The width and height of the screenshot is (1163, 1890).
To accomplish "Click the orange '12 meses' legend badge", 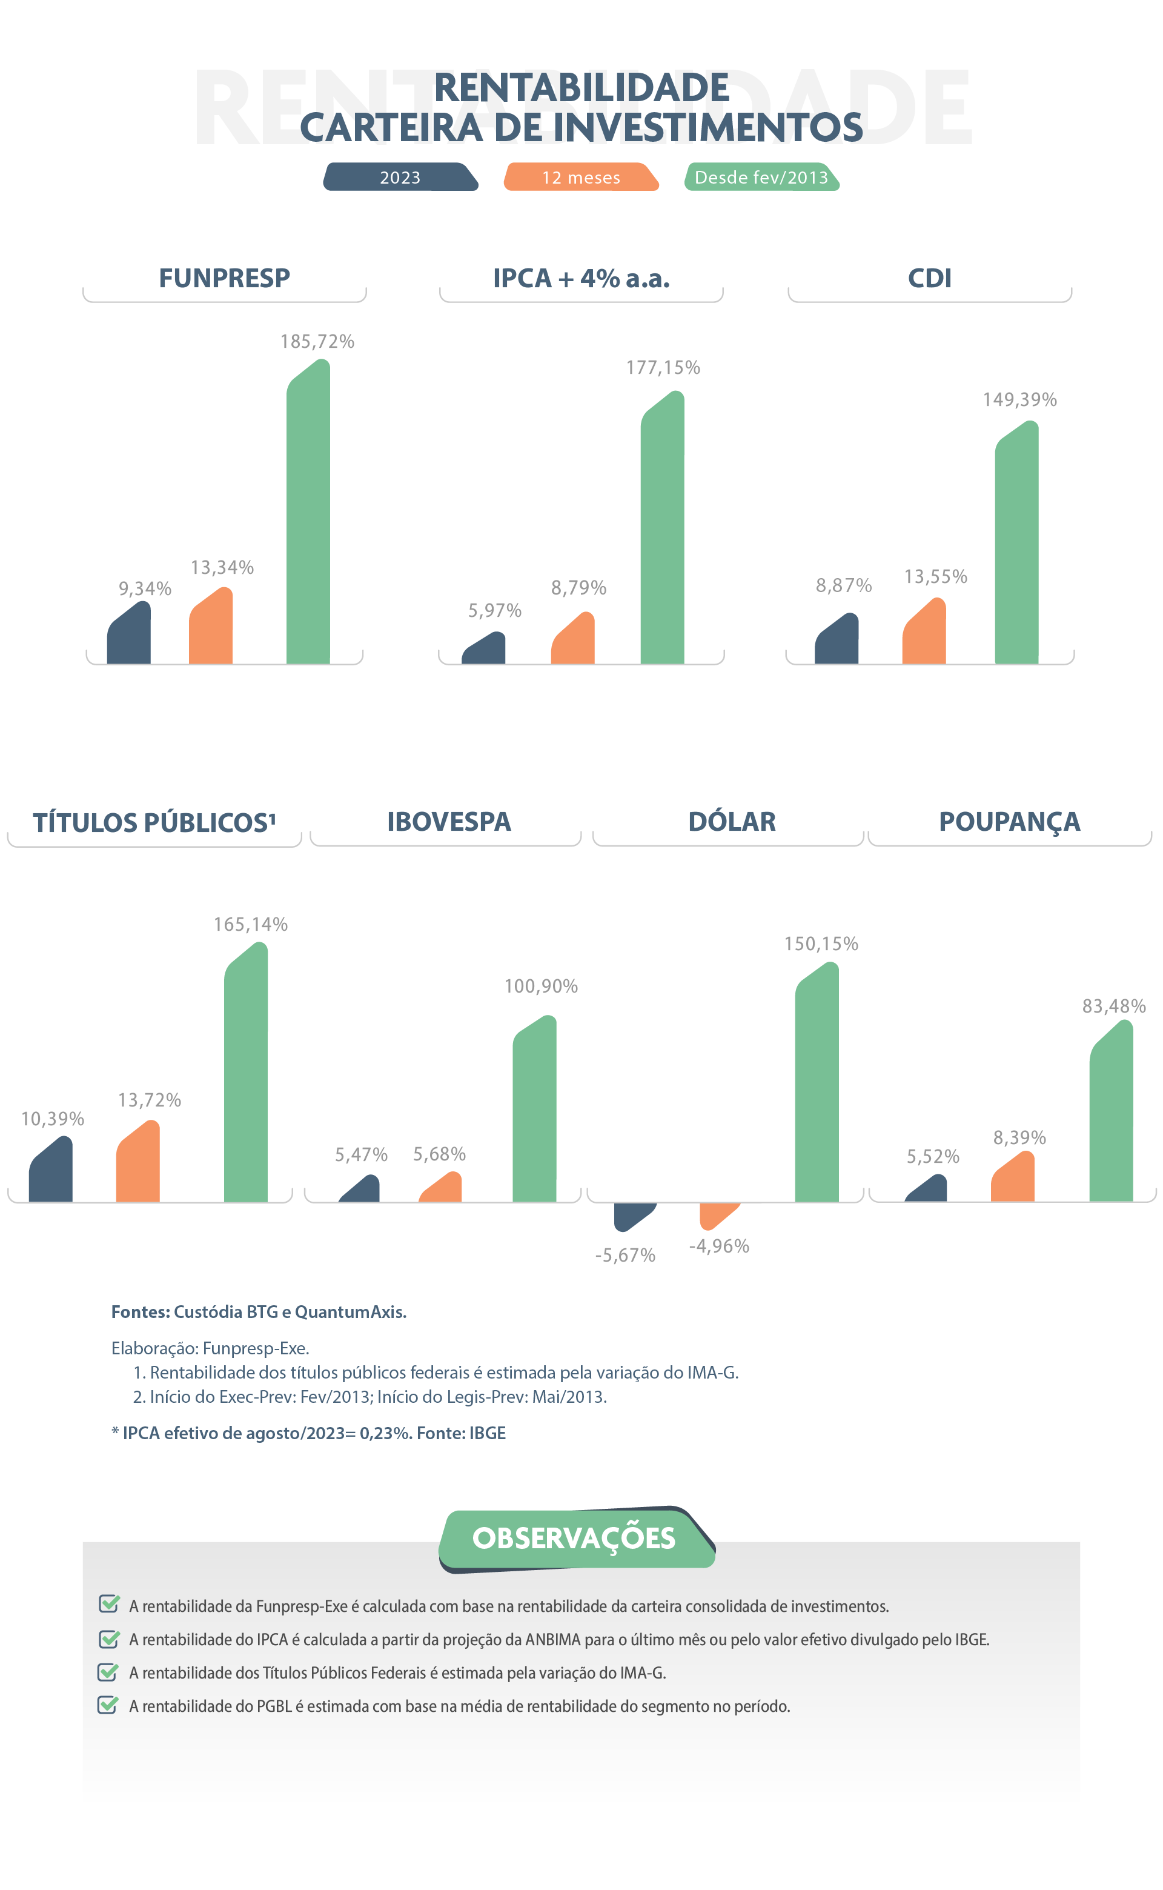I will click(x=581, y=177).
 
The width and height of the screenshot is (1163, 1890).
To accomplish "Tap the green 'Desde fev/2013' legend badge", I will click(x=761, y=177).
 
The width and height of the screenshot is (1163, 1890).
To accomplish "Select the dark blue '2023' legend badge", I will click(x=400, y=177).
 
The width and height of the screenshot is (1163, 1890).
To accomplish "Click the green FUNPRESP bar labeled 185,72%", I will click(x=308, y=516).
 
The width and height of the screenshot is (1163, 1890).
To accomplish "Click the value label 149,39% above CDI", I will click(x=1019, y=399).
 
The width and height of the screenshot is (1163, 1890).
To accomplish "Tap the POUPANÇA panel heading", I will click(x=1009, y=822).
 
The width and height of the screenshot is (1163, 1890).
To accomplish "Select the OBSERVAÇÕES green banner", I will click(x=575, y=1538).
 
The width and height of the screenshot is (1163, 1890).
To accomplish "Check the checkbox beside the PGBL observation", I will click(x=108, y=1705).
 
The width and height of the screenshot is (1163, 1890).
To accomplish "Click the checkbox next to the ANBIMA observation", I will click(x=108, y=1639).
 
